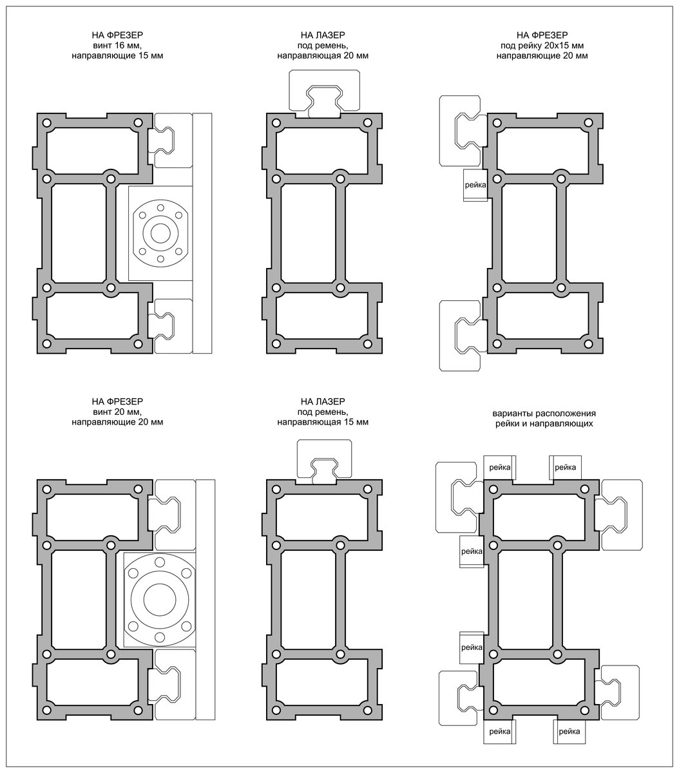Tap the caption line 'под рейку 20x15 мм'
[x=542, y=46]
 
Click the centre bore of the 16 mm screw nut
[x=160, y=233]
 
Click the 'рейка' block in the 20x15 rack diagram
[x=475, y=186]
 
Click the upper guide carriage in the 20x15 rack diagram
[x=460, y=131]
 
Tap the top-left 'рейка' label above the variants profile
[x=500, y=466]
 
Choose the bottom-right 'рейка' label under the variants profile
[x=569, y=732]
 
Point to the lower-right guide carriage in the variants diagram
[x=619, y=692]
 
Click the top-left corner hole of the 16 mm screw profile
[x=46, y=123]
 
